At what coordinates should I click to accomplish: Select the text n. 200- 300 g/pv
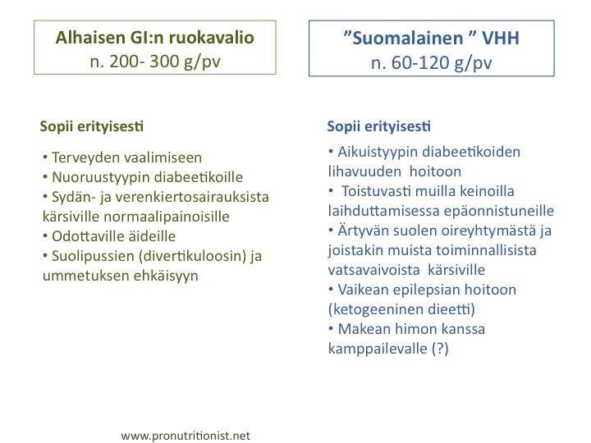[x=155, y=62]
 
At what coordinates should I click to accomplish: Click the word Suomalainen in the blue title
[x=407, y=38]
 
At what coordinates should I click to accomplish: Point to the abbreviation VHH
[x=500, y=38]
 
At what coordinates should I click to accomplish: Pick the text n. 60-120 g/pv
[x=431, y=62]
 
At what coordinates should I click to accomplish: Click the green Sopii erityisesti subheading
[x=92, y=126]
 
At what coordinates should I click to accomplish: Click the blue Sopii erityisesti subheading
[x=378, y=126]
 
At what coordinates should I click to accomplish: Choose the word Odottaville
[x=88, y=236]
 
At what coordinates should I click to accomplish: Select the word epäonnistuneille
[x=499, y=211]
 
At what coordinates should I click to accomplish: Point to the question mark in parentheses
[x=440, y=349]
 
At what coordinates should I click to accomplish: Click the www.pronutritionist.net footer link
[x=186, y=436]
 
